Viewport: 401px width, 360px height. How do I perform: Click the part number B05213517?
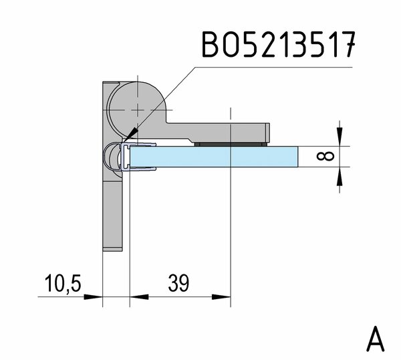point(279,45)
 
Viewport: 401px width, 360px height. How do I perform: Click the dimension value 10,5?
point(63,284)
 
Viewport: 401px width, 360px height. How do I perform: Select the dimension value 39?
point(178,283)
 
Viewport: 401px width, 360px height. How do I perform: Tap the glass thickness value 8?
point(325,156)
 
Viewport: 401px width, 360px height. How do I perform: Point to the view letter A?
point(376,339)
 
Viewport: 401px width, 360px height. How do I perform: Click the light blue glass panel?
point(214,157)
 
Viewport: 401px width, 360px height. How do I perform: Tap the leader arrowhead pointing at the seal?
point(132,134)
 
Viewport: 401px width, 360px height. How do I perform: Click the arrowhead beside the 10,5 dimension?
point(94,296)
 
